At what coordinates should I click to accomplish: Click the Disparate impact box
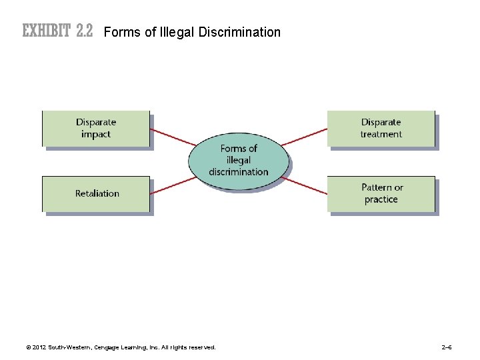pos(96,129)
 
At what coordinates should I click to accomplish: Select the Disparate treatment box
pos(381,129)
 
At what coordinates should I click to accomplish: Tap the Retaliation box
pos(97,194)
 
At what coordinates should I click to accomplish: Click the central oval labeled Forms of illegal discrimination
pos(238,160)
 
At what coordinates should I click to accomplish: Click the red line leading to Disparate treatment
pos(304,137)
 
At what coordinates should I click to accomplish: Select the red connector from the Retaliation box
pos(172,185)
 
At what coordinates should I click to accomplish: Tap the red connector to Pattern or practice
pos(305,185)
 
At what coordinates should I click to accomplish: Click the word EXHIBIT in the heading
pos(47,31)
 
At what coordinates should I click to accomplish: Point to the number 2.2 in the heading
pos(84,31)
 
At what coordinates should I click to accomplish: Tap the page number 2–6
pos(447,347)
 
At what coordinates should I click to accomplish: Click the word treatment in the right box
pos(381,135)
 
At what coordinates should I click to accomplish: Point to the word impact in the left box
pos(96,135)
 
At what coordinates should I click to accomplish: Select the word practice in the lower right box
pos(381,200)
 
